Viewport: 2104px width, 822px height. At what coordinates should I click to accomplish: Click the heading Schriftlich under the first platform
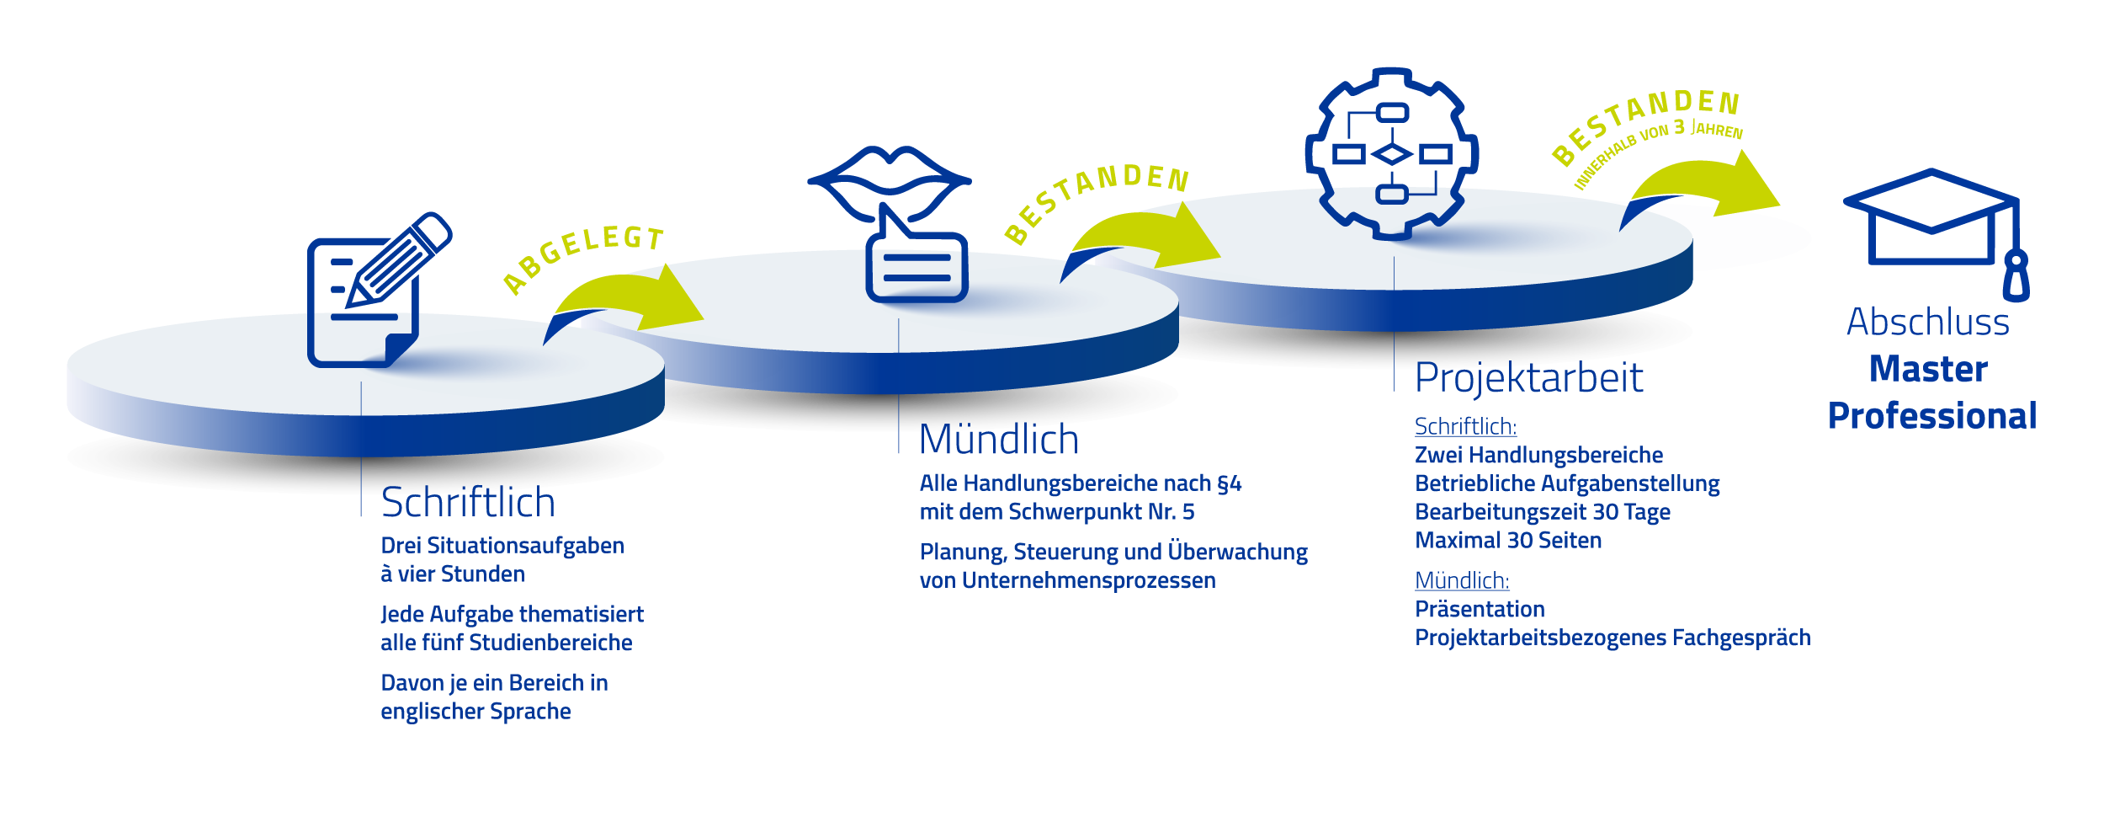tap(468, 503)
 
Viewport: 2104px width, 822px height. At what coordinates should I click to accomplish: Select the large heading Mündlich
tap(999, 440)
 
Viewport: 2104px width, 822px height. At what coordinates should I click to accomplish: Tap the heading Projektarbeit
tap(1528, 378)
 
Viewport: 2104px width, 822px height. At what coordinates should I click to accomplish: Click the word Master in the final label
tap(1928, 369)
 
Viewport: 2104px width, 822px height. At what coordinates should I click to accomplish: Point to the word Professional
tap(1932, 417)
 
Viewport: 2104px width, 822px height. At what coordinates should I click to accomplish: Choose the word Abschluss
tap(1928, 322)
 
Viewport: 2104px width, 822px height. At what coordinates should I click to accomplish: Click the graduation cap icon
tap(1936, 234)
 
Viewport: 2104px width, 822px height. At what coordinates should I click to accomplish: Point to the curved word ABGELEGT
tap(582, 255)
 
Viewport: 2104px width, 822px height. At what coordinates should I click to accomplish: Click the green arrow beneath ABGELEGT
tap(627, 299)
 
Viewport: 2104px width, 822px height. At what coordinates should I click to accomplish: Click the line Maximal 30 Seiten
tap(1508, 541)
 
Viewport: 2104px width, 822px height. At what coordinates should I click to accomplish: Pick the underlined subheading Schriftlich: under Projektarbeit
tap(1465, 427)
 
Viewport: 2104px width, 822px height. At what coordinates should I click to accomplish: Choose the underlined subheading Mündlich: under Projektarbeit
tap(1462, 581)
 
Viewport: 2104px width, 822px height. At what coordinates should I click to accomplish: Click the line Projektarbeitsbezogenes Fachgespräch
tap(1613, 638)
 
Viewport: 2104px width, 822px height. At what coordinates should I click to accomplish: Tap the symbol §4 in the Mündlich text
tap(1229, 484)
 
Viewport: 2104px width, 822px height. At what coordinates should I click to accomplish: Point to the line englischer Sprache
tap(476, 713)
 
